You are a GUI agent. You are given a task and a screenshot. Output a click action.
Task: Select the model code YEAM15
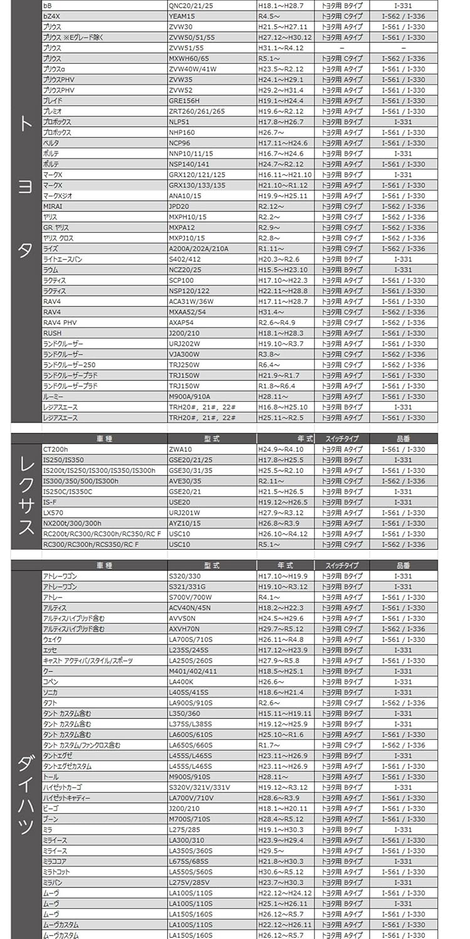click(x=182, y=16)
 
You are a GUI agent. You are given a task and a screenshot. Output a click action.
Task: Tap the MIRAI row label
click(x=53, y=207)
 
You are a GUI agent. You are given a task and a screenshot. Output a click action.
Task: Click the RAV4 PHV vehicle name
click(x=60, y=322)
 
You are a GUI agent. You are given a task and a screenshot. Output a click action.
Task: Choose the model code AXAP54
click(x=182, y=322)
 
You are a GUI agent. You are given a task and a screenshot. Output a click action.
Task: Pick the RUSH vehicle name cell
click(x=52, y=333)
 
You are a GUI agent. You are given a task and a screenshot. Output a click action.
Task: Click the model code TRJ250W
click(x=184, y=365)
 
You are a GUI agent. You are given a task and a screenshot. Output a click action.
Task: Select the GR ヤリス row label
click(x=56, y=228)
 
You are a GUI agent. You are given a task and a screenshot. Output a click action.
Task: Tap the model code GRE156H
click(x=184, y=101)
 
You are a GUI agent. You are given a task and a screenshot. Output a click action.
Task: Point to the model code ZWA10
click(x=180, y=449)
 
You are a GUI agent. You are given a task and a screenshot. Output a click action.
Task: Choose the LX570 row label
click(x=52, y=513)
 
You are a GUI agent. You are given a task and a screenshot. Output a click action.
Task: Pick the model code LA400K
click(x=182, y=682)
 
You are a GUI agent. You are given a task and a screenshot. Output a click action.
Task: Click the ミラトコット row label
click(x=56, y=872)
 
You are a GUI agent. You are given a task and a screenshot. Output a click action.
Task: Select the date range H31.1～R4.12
click(x=281, y=48)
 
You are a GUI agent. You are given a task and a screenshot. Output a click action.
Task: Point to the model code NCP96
click(x=179, y=143)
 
